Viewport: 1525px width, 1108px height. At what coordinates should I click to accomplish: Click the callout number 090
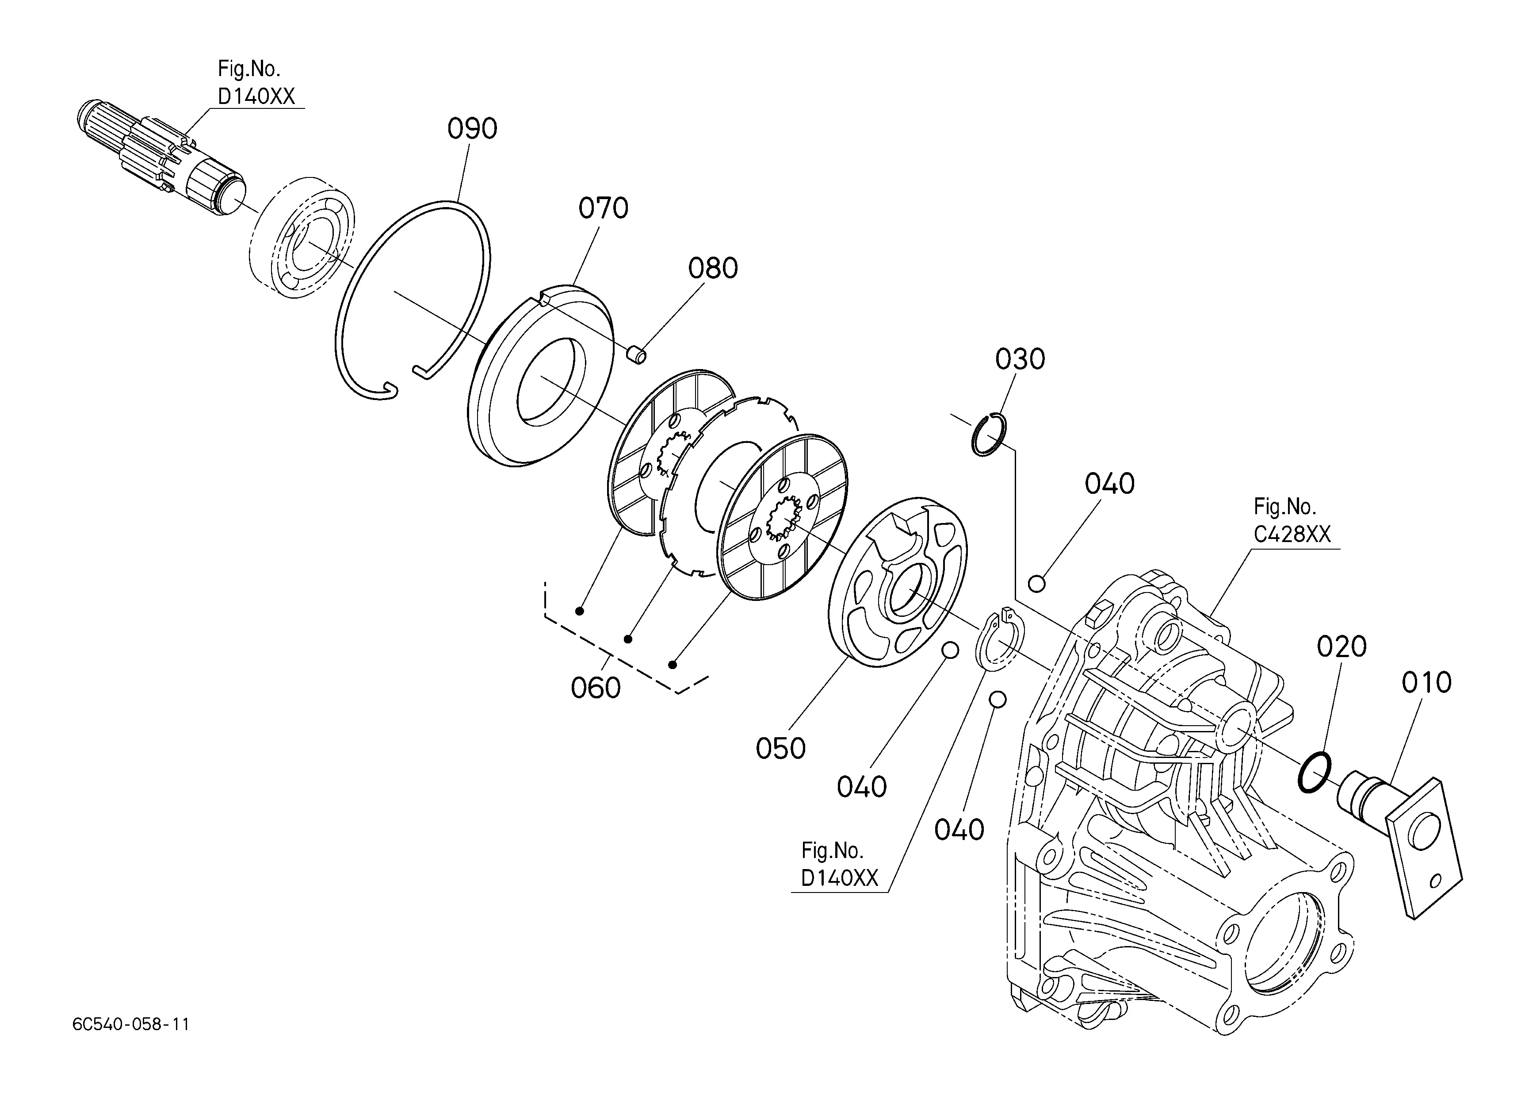(x=472, y=128)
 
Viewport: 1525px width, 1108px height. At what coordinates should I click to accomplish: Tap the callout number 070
(x=603, y=208)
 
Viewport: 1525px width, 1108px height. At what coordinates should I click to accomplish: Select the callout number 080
(x=713, y=269)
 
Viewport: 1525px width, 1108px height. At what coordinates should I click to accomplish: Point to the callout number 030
(x=1020, y=359)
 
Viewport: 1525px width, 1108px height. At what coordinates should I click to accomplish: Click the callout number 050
(x=780, y=749)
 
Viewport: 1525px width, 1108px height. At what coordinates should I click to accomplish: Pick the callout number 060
(x=595, y=688)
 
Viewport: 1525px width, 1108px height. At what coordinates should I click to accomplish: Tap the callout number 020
(x=1342, y=647)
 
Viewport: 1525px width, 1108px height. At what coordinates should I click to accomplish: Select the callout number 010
(x=1426, y=683)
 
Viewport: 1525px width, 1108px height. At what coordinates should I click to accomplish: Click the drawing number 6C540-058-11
(x=131, y=1024)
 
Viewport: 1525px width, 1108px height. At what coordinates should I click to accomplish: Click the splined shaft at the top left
(x=161, y=159)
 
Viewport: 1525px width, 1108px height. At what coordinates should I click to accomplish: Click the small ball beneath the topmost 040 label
(x=1037, y=584)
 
